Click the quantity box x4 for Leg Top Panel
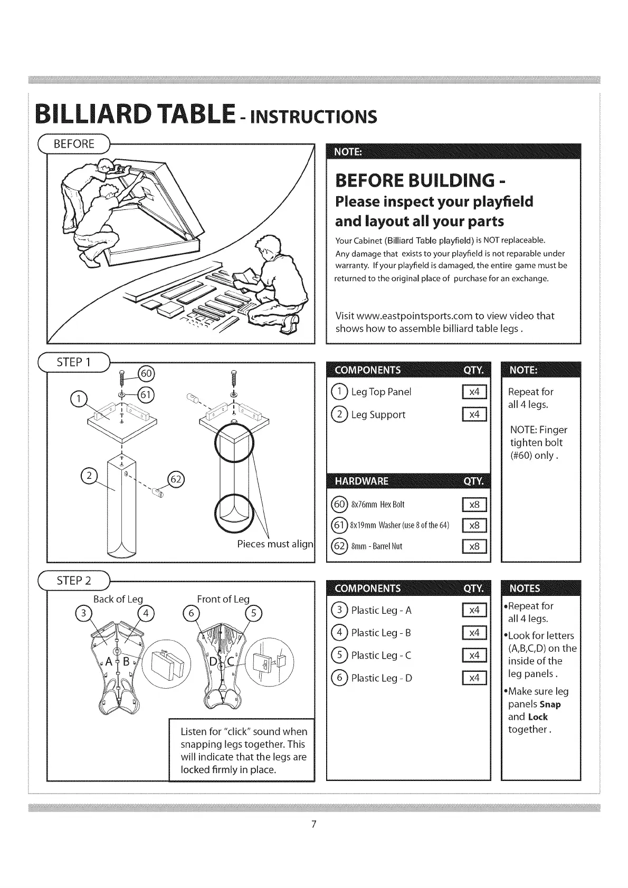tap(474, 392)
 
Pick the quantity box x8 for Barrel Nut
tap(474, 546)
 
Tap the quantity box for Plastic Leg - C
tap(474, 655)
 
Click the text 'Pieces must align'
tap(275, 544)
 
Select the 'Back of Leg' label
tap(118, 599)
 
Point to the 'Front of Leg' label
tap(223, 599)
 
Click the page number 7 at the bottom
tap(313, 824)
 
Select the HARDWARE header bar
tap(408, 481)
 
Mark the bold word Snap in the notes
tap(550, 704)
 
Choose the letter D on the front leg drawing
tap(213, 662)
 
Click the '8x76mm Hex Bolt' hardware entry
tap(377, 505)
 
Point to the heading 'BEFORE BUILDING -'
tap(421, 180)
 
